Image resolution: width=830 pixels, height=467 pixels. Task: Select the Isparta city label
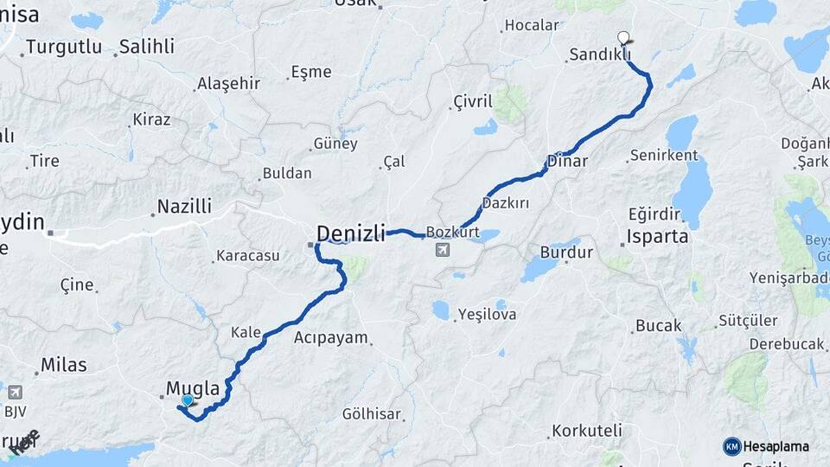coord(658,235)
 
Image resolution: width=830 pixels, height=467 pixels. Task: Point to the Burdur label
coord(566,253)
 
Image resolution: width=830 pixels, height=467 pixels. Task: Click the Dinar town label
coord(567,161)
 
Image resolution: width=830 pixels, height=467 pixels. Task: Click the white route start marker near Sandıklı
coord(624,37)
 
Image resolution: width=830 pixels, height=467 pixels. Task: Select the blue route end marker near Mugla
coord(187,400)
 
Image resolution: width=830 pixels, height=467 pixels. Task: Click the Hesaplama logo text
coord(776,446)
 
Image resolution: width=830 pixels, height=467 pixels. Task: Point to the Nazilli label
coord(182,208)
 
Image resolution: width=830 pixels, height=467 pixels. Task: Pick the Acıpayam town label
coord(331,337)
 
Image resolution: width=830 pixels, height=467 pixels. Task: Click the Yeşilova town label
coord(487,314)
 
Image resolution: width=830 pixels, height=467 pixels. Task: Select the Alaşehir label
coord(228,83)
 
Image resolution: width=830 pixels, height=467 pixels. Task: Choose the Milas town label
coord(64,365)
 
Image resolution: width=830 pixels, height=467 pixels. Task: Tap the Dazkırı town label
coord(506,202)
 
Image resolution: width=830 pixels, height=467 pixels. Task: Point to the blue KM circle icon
coord(732,446)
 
